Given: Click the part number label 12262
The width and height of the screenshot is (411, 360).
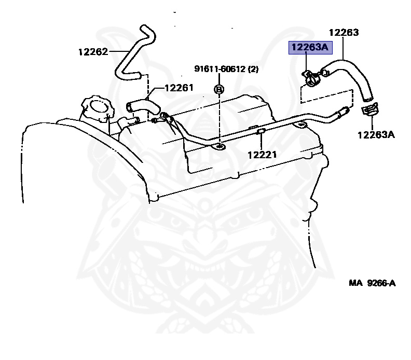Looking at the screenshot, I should pyautogui.click(x=93, y=51).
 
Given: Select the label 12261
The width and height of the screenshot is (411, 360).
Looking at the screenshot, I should pyautogui.click(x=179, y=88).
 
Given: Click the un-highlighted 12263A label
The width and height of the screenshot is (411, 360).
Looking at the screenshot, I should pyautogui.click(x=376, y=135).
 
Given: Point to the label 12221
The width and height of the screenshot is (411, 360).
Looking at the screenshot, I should pyautogui.click(x=262, y=154).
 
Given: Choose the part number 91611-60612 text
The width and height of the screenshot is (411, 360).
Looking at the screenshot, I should pyautogui.click(x=220, y=68).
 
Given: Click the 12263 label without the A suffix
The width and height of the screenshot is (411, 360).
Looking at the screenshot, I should pyautogui.click(x=344, y=32).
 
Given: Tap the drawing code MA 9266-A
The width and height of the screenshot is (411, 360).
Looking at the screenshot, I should pyautogui.click(x=372, y=283).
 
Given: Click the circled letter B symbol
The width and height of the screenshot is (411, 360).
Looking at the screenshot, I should pyautogui.click(x=218, y=89).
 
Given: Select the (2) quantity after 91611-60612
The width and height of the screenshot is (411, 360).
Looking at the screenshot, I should pyautogui.click(x=253, y=68).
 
